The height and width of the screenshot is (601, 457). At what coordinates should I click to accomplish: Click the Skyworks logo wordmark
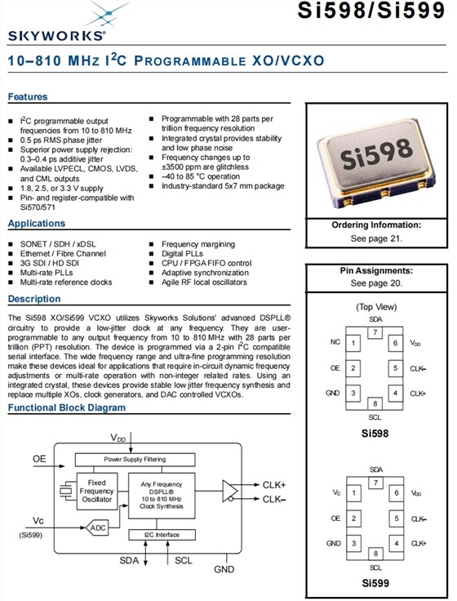click(56, 36)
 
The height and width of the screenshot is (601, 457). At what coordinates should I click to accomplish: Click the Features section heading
click(28, 96)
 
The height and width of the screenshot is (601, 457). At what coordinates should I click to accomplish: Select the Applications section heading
click(37, 223)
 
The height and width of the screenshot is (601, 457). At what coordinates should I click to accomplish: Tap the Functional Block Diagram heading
click(67, 407)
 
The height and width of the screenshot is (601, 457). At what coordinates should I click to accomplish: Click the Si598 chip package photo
click(376, 163)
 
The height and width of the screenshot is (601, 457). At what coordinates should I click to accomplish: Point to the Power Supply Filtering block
click(135, 459)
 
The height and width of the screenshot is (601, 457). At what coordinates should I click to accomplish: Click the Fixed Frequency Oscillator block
click(97, 491)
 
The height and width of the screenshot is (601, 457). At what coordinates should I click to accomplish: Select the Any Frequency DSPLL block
click(162, 495)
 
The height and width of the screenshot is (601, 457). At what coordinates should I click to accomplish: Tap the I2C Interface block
click(162, 535)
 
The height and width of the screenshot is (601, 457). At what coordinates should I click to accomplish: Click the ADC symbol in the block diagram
click(96, 528)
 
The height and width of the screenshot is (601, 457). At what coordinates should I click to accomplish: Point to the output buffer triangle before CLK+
click(230, 491)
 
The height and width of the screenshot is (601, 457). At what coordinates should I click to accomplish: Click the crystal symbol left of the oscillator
click(66, 491)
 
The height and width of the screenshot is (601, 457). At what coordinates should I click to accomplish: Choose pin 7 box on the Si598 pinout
click(375, 332)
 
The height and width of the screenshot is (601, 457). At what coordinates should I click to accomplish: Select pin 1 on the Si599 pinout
click(353, 493)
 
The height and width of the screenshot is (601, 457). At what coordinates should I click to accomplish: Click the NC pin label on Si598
click(335, 342)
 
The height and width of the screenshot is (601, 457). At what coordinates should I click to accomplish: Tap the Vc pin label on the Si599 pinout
click(336, 492)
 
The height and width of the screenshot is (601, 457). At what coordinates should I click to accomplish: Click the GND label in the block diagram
click(224, 569)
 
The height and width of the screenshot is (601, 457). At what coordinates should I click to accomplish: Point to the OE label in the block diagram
click(39, 459)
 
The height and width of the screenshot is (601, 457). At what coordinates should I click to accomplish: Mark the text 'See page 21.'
click(376, 238)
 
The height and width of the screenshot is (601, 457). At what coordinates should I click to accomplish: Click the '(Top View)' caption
click(376, 307)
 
